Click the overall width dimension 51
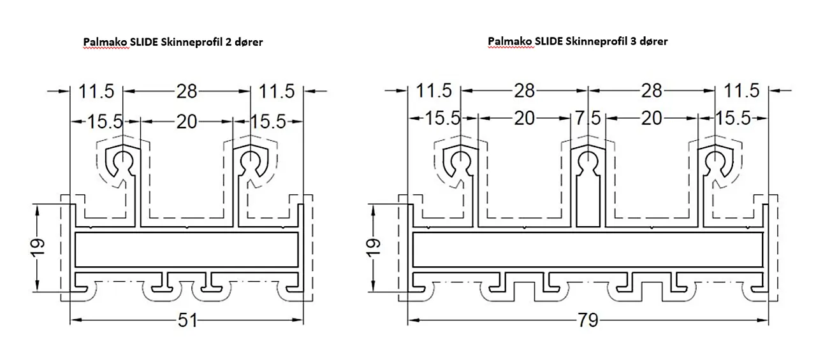pos(187,320)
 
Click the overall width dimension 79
pos(588,320)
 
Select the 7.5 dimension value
pos(588,119)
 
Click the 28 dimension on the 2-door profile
pos(187,91)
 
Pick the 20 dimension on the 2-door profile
pos(187,122)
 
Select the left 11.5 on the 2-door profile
pos(96,91)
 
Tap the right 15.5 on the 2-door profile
pos(268,122)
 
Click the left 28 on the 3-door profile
pos(524,90)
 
